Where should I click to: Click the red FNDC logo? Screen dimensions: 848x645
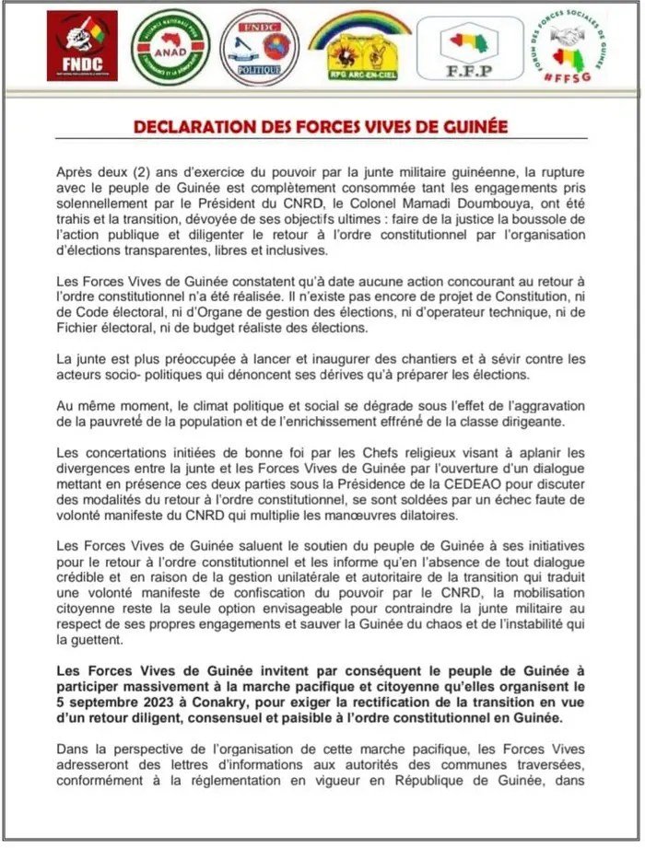point(82,46)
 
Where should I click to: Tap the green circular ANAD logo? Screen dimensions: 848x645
point(170,47)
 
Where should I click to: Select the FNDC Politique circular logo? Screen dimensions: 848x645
point(259,47)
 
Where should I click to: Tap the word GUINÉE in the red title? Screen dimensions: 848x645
point(473,126)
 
